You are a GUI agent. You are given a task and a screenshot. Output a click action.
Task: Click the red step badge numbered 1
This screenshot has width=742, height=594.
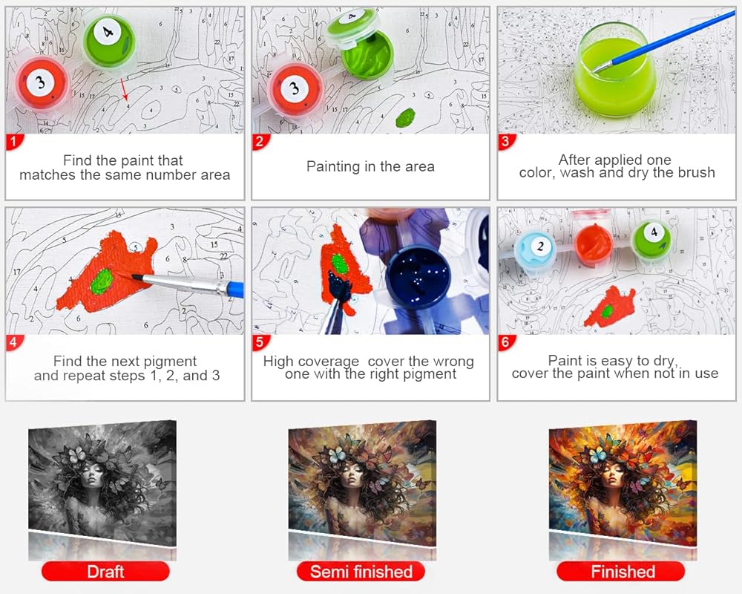pyautogui.click(x=13, y=142)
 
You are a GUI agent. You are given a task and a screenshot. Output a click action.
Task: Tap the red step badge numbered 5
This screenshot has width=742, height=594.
pyautogui.click(x=260, y=342)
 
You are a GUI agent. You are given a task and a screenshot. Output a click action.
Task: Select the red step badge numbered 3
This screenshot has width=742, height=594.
pyautogui.click(x=506, y=142)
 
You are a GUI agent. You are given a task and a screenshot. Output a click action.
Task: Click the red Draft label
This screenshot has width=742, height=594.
pyautogui.click(x=105, y=571)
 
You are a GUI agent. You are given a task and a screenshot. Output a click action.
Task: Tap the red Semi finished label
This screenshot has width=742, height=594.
pyautogui.click(x=361, y=571)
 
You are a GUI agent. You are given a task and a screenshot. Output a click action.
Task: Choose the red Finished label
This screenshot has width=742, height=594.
pyautogui.click(x=621, y=571)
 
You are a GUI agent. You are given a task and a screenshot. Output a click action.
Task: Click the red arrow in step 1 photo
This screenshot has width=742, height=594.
pyautogui.click(x=123, y=89)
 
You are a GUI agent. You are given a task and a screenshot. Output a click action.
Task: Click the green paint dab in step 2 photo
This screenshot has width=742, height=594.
pyautogui.click(x=405, y=117)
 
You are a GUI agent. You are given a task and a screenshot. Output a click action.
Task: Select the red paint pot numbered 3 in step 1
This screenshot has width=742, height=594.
pyautogui.click(x=41, y=85)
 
